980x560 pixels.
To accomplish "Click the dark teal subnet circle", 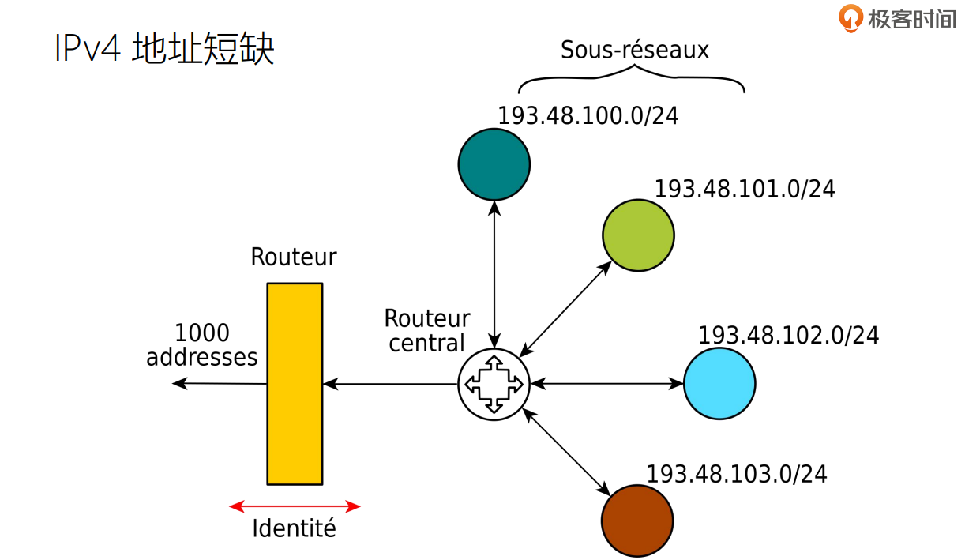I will (x=494, y=164).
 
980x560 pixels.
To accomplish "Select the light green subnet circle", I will (x=638, y=235).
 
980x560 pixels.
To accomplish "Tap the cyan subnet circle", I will (x=719, y=383).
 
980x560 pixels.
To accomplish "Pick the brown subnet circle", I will (x=637, y=521).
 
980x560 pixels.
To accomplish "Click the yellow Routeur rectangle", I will (x=295, y=384).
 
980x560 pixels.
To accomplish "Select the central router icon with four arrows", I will (x=494, y=385).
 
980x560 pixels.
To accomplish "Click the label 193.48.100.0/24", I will (x=588, y=116).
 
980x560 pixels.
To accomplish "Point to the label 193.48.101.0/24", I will (x=745, y=190).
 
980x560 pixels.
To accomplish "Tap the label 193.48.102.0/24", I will (x=788, y=336).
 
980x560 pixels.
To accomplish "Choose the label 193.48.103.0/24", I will (x=737, y=474).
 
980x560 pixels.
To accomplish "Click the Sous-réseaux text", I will (x=635, y=51).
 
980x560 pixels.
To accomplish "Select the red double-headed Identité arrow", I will (x=295, y=506).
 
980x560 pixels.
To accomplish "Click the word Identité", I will (x=294, y=528).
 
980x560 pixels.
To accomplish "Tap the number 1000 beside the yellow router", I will (x=202, y=333).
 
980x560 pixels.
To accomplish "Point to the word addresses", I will (x=202, y=357).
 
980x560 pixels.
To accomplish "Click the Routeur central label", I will (x=426, y=331).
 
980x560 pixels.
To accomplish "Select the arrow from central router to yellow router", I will (x=391, y=385).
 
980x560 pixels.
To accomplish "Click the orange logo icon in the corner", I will (x=850, y=17).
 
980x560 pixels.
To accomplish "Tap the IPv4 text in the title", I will (x=87, y=49).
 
